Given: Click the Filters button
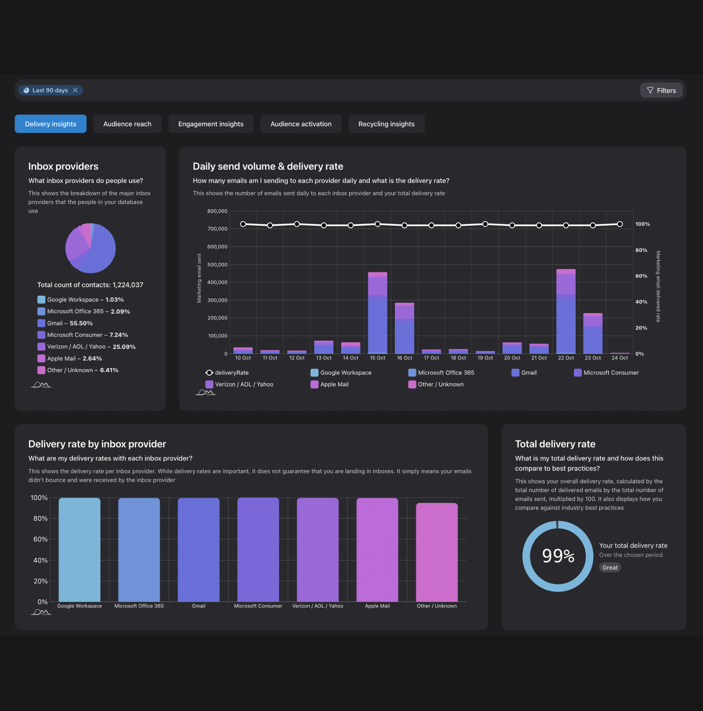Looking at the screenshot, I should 661,90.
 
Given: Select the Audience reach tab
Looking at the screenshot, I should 127,124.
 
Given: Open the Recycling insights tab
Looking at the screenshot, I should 386,124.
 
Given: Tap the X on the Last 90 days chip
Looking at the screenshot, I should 75,90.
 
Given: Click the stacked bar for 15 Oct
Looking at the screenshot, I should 377,313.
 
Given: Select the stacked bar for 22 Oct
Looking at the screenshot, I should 566,311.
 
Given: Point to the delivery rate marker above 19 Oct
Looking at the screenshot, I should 485,224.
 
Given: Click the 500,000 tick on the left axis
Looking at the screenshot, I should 217,264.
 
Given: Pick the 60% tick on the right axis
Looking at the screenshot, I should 641,276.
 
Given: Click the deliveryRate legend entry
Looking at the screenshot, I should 227,373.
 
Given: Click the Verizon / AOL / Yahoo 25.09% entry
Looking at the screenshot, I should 86,347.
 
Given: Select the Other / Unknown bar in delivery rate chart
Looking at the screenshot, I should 436,552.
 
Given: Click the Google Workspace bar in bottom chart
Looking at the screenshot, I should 79,550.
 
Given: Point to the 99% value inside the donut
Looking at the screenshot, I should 558,556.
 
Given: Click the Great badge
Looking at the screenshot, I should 610,567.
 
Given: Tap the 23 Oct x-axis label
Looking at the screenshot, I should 592,358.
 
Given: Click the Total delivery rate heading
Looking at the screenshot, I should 555,444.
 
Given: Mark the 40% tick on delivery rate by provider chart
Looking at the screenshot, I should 40,560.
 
